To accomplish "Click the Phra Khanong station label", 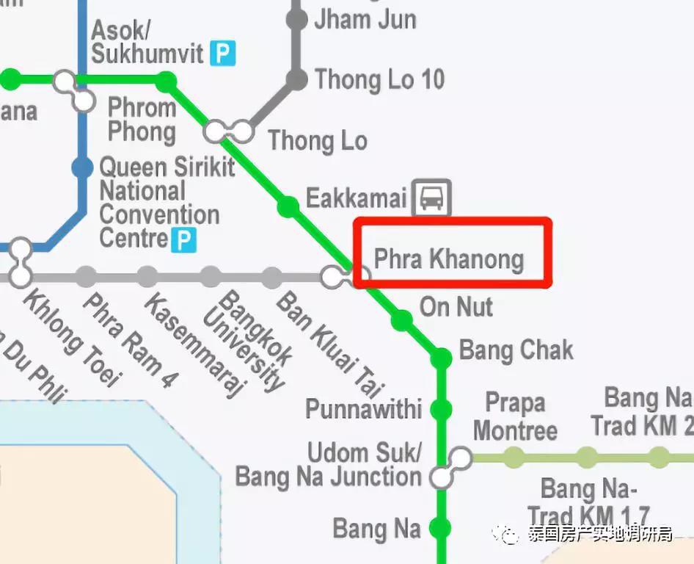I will [449, 259].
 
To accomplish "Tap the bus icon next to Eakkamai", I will [431, 197].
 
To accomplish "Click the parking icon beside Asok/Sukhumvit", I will [223, 53].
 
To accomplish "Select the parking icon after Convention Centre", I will [183, 239].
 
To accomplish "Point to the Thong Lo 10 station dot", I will [297, 79].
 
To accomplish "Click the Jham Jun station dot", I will [297, 19].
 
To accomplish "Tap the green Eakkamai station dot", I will [288, 207].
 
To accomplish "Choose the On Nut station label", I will [456, 307].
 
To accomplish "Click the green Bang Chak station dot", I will [441, 358].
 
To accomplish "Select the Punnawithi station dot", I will [441, 410].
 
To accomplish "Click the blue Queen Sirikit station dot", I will [83, 168].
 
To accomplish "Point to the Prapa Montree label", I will [515, 416].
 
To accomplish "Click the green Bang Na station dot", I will [441, 527].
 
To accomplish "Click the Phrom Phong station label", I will [142, 120].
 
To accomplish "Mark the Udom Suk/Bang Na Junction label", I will [329, 464].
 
